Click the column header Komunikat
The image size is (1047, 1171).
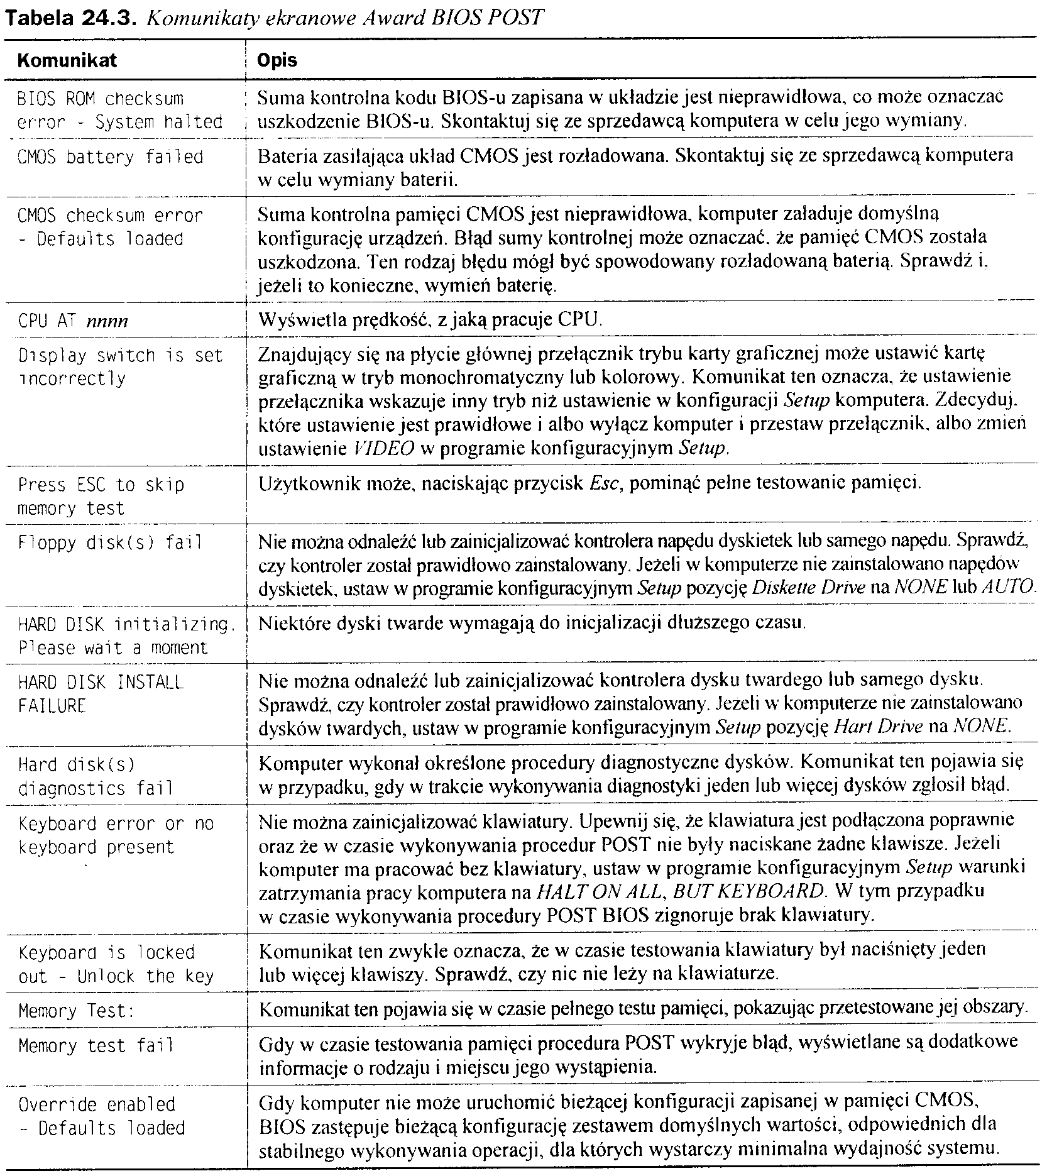pos(67,60)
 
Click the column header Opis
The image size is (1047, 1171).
pos(277,60)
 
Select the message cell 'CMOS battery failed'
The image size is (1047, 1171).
pos(111,157)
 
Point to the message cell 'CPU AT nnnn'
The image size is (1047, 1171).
pos(73,321)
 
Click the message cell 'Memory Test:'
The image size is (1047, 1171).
pos(76,1011)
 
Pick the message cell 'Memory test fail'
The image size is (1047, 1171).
pos(96,1046)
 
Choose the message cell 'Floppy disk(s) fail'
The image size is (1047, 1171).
pos(111,542)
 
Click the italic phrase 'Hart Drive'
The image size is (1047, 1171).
pos(877,727)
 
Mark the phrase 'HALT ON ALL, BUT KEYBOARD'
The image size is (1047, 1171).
pos(679,891)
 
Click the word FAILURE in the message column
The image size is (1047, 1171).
pos(52,706)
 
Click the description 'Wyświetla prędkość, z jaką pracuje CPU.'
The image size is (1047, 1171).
pos(430,321)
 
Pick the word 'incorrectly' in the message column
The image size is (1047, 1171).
pos(72,379)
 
